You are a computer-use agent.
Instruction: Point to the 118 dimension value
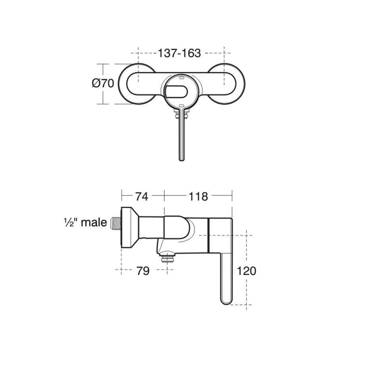[198, 196]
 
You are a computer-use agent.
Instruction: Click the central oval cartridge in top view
[180, 90]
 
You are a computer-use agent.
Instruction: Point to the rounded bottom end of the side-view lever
[226, 301]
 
